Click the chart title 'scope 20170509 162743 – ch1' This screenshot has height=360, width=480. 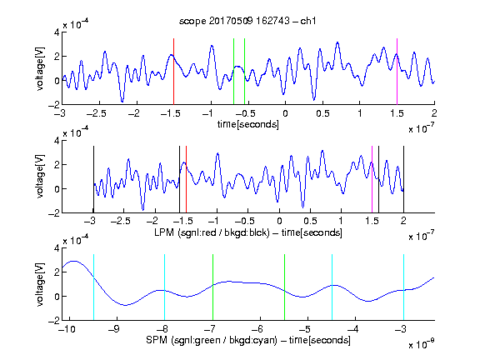pyautogui.click(x=247, y=21)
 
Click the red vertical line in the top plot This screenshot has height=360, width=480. pyautogui.click(x=173, y=72)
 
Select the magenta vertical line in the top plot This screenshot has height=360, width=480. pyautogui.click(x=397, y=72)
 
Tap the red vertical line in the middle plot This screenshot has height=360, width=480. pyautogui.click(x=186, y=179)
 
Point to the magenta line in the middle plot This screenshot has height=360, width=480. pyautogui.click(x=372, y=179)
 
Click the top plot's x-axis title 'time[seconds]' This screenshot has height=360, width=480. pyautogui.click(x=248, y=124)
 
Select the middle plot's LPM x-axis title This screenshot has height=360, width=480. pyautogui.click(x=248, y=232)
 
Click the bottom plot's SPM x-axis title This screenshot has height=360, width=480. pyautogui.click(x=248, y=340)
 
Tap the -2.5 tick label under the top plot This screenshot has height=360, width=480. pyautogui.click(x=96, y=113)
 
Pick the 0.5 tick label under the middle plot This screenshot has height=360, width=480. pyautogui.click(x=310, y=221)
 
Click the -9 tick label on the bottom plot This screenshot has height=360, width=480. pyautogui.click(x=114, y=329)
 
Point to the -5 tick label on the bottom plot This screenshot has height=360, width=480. pyautogui.click(x=304, y=329)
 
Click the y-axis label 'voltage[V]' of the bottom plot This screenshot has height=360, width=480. pyautogui.click(x=40, y=284)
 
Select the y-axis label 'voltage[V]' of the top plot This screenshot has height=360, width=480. pyautogui.click(x=40, y=68)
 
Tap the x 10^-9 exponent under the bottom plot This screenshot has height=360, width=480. pyautogui.click(x=422, y=343)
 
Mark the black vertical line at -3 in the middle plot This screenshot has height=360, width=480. pyautogui.click(x=93, y=179)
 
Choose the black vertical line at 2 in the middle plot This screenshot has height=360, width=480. pyautogui.click(x=403, y=179)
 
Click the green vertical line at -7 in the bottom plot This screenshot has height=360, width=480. pyautogui.click(x=212, y=287)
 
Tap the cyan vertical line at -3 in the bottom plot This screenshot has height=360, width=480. pyautogui.click(x=403, y=287)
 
